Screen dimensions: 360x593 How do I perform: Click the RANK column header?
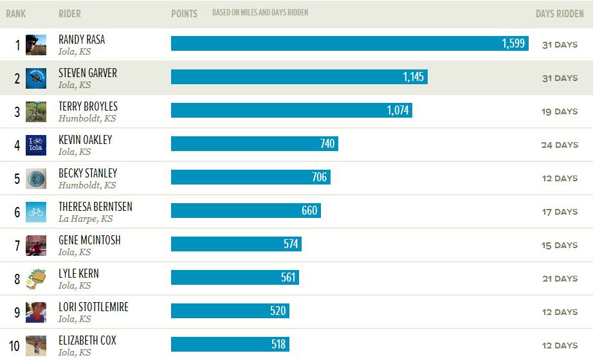pos(15,14)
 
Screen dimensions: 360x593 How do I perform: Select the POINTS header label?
pos(184,14)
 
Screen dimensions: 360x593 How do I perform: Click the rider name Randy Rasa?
pos(82,39)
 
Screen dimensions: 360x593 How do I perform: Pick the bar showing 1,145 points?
pos(299,77)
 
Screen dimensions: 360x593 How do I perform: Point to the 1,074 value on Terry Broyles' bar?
pos(398,111)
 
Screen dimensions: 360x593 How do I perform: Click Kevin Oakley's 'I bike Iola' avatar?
pos(36,145)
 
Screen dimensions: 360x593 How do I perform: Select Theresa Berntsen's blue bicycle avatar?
pos(36,212)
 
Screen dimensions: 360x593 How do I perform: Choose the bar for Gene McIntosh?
pos(236,244)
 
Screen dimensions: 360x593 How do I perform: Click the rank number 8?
pos(17,279)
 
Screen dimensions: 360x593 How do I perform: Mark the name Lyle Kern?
pos(78,273)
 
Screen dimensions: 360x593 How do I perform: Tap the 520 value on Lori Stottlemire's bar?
pos(278,311)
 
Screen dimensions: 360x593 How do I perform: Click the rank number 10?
pos(14,346)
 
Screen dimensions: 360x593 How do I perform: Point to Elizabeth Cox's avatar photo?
pos(36,345)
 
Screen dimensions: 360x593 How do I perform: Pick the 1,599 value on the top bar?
pos(513,44)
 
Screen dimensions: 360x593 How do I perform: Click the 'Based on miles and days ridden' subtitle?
pos(260,13)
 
